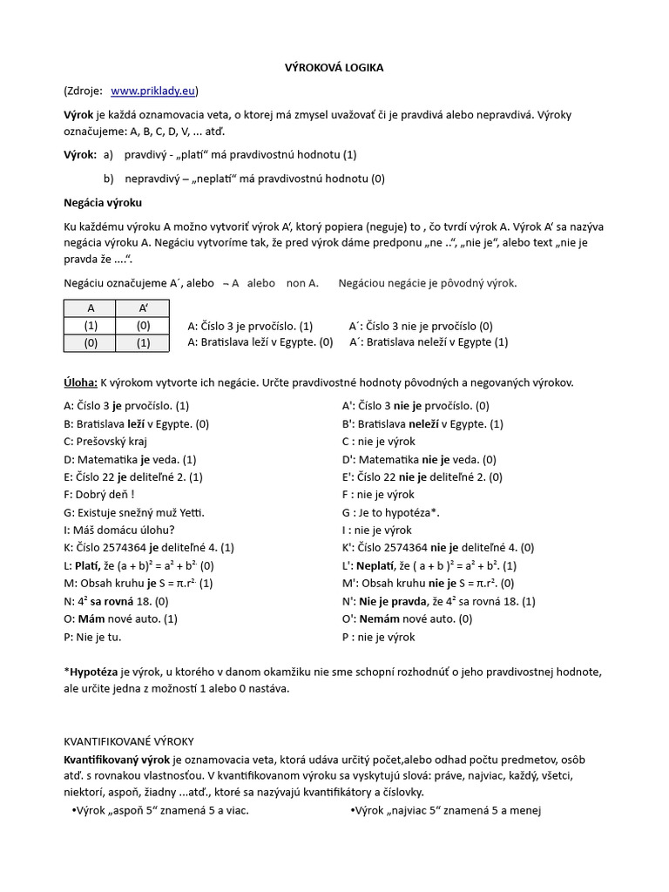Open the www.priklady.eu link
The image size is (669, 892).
click(153, 91)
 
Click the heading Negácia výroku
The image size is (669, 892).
click(102, 202)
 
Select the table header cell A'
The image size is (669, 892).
click(144, 308)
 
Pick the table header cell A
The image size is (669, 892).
click(91, 308)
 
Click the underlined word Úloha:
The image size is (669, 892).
click(80, 382)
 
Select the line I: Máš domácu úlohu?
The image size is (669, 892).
click(119, 530)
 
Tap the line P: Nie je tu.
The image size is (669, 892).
click(92, 636)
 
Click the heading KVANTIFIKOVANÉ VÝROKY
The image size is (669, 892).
click(129, 741)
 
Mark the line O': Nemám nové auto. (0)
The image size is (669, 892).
click(408, 618)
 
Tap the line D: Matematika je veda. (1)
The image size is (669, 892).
click(130, 459)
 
